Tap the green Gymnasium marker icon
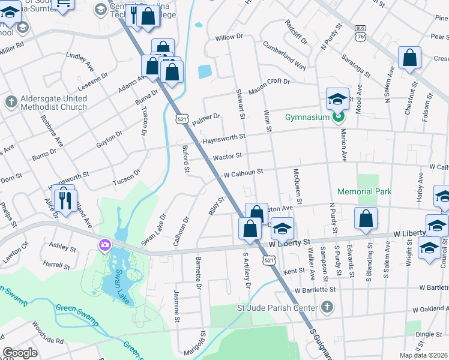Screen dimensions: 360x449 coord(337,117)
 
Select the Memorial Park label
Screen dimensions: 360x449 coord(364,191)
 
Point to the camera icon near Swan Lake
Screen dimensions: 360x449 coord(105,244)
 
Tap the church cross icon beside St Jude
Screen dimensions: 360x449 coord(327,308)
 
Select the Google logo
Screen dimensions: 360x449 coord(20,353)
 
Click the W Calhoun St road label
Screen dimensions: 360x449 coord(243,172)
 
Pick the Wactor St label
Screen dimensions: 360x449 coord(228,156)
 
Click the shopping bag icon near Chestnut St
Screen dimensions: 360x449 coord(410,59)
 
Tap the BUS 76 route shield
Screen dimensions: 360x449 coord(360,32)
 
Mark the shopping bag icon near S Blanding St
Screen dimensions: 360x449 coord(366,220)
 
